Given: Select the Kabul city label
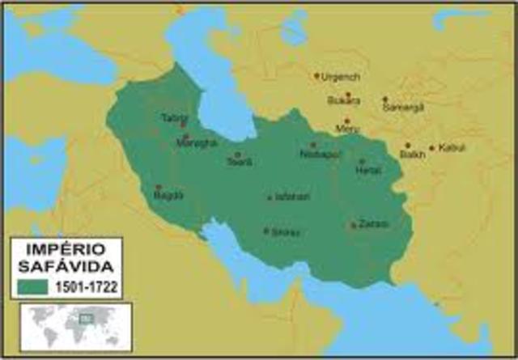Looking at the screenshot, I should coord(452,148).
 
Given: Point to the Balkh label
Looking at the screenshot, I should coord(412,154).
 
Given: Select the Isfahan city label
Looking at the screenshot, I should coord(292,197).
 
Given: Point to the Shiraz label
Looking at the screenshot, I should coord(286,232).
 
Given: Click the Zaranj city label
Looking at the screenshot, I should coord(373,223).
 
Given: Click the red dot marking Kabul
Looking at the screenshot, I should coord(432,148).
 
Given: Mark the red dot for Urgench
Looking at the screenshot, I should coord(317,76).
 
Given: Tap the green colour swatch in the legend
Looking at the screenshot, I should coord(30,286).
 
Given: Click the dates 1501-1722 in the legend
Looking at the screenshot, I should coord(84,286).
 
